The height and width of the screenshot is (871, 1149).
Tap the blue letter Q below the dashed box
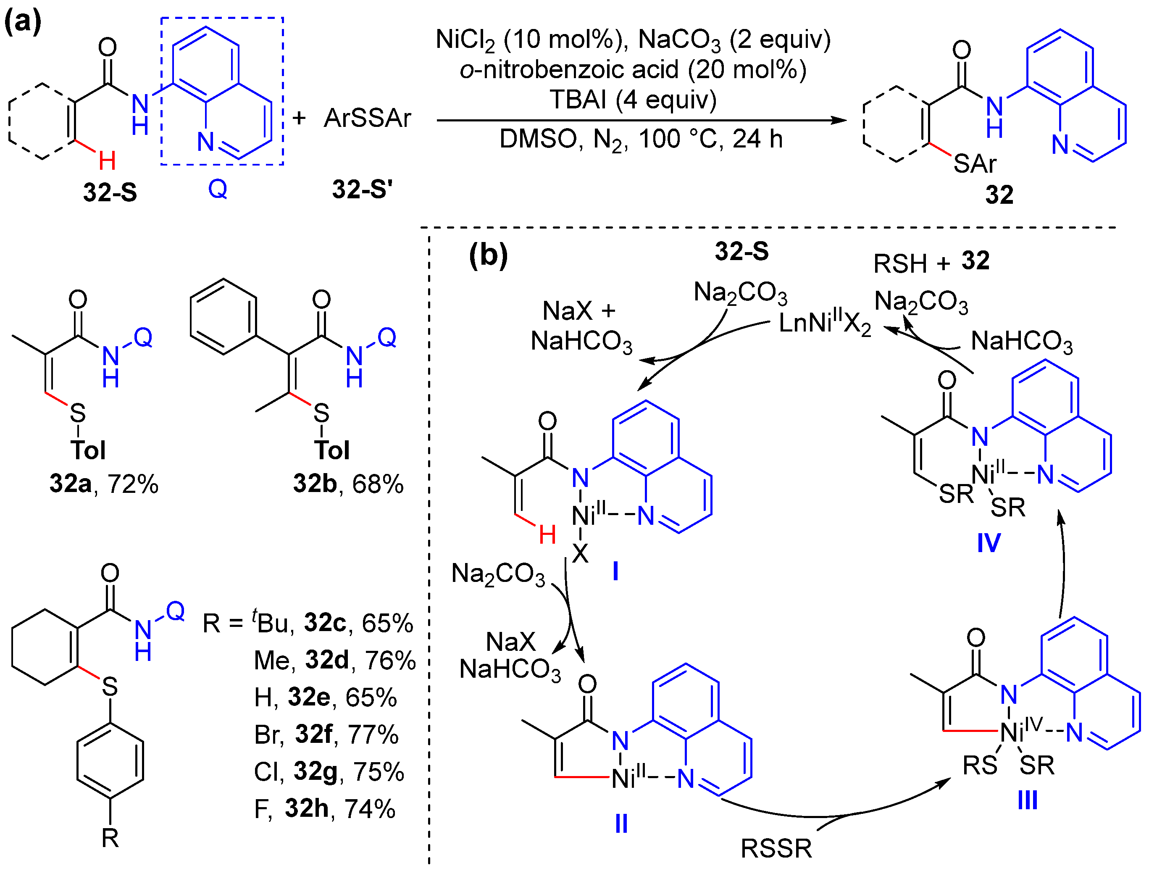218,189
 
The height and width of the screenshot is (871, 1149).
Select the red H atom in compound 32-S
107,161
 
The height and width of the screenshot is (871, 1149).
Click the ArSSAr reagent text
367,118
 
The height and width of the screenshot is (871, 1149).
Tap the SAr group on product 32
975,164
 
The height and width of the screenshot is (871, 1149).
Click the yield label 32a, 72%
103,484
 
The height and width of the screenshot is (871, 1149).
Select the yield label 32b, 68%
348,484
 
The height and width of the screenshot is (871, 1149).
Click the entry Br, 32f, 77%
326,734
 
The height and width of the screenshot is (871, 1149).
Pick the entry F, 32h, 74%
324,809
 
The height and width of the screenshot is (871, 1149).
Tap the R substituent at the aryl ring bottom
110,838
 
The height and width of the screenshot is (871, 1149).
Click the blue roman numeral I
615,571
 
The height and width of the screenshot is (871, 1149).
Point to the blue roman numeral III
1028,800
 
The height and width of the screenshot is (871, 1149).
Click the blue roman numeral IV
989,543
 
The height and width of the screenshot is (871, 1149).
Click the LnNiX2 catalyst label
825,324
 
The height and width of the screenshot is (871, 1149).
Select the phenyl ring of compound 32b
223,317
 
